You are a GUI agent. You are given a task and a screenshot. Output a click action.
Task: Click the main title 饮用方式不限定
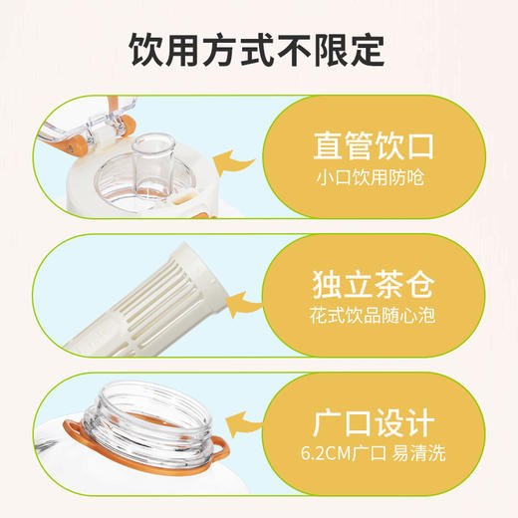point(258,48)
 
